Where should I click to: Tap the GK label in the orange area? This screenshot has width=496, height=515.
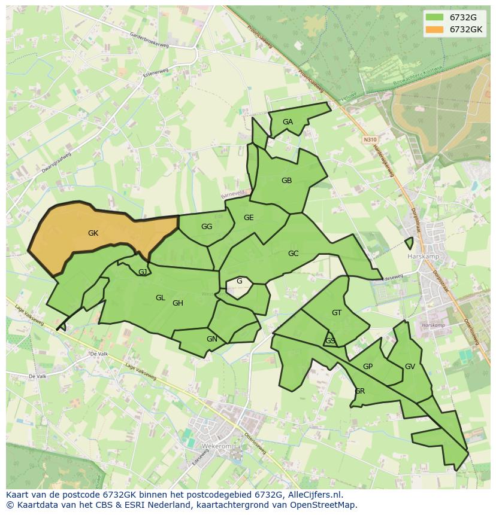point(93,233)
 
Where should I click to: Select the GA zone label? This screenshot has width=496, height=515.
point(288,122)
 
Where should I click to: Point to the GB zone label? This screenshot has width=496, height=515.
point(286,181)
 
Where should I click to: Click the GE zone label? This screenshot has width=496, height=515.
point(249,218)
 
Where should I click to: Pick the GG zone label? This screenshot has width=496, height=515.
point(207,227)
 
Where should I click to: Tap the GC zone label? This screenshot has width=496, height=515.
point(293,254)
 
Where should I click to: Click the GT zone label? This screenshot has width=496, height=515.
point(337,313)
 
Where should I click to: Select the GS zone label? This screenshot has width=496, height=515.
point(330,341)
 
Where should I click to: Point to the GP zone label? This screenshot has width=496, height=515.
point(368,367)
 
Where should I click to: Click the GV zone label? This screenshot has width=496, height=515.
point(410,367)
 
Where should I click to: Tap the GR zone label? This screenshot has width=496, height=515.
point(359,391)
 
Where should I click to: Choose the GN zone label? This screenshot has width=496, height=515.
point(211,339)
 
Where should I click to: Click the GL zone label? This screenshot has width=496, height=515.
point(160,298)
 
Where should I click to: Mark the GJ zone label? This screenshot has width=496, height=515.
point(143,272)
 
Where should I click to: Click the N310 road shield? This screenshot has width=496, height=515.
point(370,139)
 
